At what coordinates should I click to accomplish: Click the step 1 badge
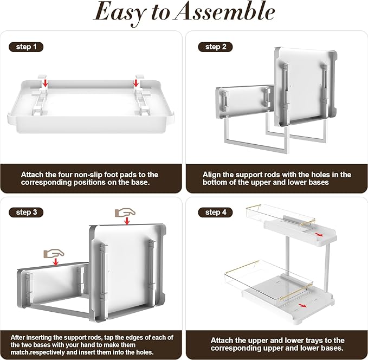26,47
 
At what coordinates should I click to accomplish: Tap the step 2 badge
215,47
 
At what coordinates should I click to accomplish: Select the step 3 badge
26,213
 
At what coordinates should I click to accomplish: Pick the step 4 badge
215,213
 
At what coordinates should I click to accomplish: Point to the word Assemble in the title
224,11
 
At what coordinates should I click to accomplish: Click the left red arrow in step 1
46,83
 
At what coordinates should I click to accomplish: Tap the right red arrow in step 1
135,83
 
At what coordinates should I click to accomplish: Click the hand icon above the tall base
125,213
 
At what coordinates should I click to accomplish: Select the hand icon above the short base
54,253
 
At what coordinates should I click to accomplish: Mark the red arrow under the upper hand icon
127,221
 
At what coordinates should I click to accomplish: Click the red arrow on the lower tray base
303,305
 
